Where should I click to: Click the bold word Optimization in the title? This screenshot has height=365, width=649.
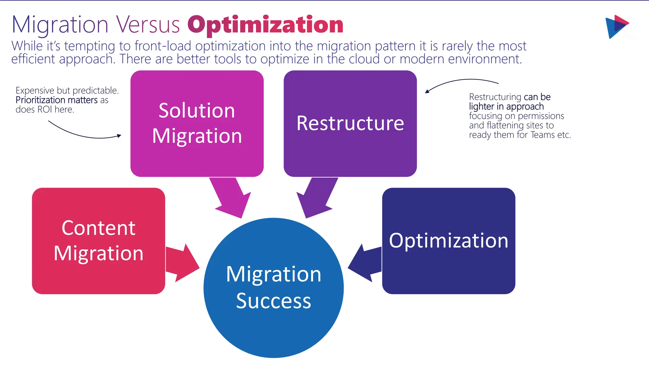tap(266, 25)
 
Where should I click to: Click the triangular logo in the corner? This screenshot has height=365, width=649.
tap(616, 26)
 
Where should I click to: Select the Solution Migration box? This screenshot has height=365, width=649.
tap(197, 124)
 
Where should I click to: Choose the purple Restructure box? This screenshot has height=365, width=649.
tap(350, 124)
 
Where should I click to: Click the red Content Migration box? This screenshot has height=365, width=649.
tap(98, 241)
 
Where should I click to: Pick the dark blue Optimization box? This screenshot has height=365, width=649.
tap(448, 241)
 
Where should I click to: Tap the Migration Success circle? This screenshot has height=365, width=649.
tap(273, 288)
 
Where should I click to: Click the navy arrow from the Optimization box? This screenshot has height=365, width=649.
tap(366, 262)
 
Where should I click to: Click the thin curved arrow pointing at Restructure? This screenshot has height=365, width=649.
tap(459, 82)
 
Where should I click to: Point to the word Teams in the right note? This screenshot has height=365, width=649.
tap(543, 135)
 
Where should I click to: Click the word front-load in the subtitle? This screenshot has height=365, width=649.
tap(163, 46)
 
